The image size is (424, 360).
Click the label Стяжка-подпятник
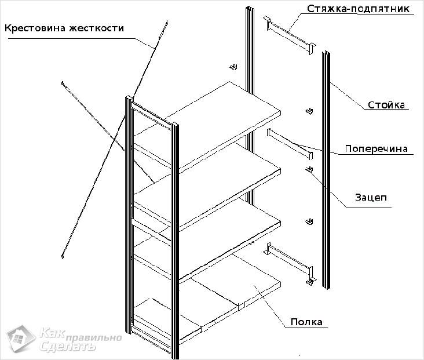pyautogui.click(x=359, y=9)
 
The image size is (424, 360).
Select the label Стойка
pyautogui.click(x=387, y=105)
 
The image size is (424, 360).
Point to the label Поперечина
pyautogui.click(x=376, y=148)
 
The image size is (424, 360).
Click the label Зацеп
pyautogui.click(x=371, y=198)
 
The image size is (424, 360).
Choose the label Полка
pyautogui.click(x=306, y=322)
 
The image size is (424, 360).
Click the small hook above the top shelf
pyautogui.click(x=233, y=67)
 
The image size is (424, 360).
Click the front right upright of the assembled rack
pyautogui.click(x=174, y=238)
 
